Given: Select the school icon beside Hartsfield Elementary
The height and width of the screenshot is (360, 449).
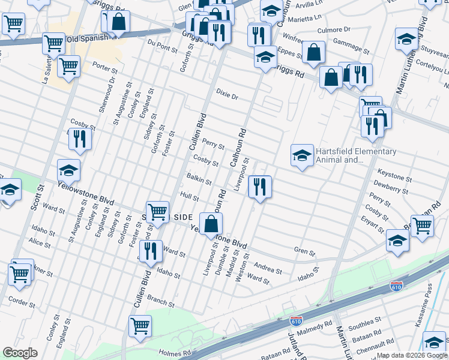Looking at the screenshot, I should click(301, 156).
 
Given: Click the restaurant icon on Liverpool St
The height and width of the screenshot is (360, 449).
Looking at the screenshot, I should click(260, 187).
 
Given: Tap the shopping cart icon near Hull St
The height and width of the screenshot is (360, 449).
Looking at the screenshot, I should click(157, 211).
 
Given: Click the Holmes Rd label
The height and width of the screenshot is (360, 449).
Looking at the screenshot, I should click(174, 353).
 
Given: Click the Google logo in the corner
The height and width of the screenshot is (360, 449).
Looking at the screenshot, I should click(20, 353).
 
